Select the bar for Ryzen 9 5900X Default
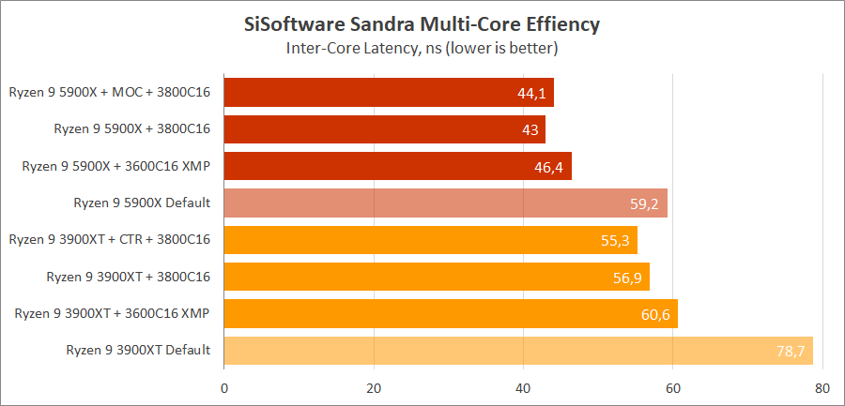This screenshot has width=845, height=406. [446, 203]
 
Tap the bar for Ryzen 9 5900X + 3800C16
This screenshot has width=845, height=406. [385, 129]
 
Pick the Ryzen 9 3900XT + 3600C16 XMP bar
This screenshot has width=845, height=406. [451, 314]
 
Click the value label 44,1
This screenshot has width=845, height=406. [531, 93]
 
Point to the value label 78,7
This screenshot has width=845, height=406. [791, 351]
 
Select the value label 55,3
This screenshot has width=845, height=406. [615, 240]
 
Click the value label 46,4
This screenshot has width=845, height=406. [548, 167]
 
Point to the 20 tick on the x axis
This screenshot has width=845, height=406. [374, 387]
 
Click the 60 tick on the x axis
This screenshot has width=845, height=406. [673, 387]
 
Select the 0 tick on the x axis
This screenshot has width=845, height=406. [224, 387]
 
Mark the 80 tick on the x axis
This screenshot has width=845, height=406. [822, 387]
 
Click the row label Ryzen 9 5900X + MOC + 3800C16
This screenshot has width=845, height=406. [109, 92]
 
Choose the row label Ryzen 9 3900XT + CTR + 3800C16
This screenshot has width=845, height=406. [109, 240]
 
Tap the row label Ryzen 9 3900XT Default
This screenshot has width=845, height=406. [138, 351]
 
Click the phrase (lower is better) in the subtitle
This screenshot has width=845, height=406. [500, 48]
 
